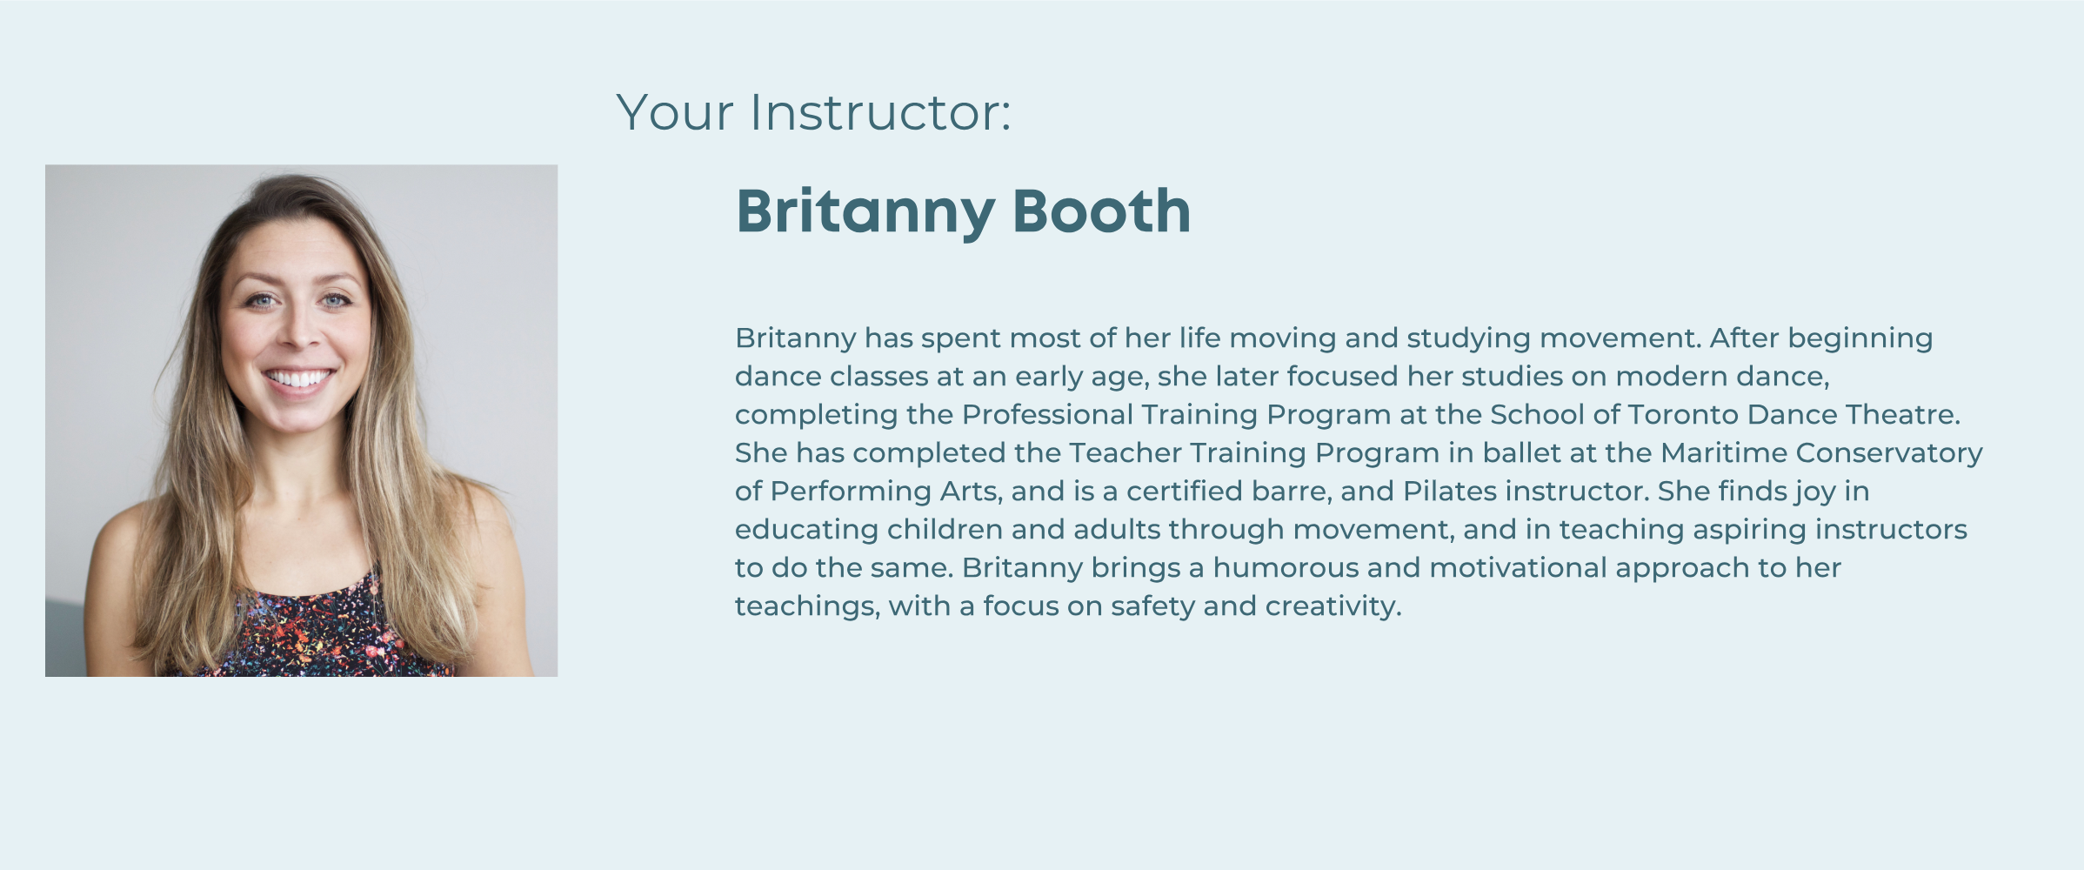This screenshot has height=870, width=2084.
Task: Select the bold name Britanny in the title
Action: (865, 212)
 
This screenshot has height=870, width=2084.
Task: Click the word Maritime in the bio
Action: (1724, 452)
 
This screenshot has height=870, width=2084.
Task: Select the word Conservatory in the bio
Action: (1889, 453)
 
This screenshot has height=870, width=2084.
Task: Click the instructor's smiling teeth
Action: (298, 378)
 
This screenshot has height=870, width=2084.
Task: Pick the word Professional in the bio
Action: (1047, 414)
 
